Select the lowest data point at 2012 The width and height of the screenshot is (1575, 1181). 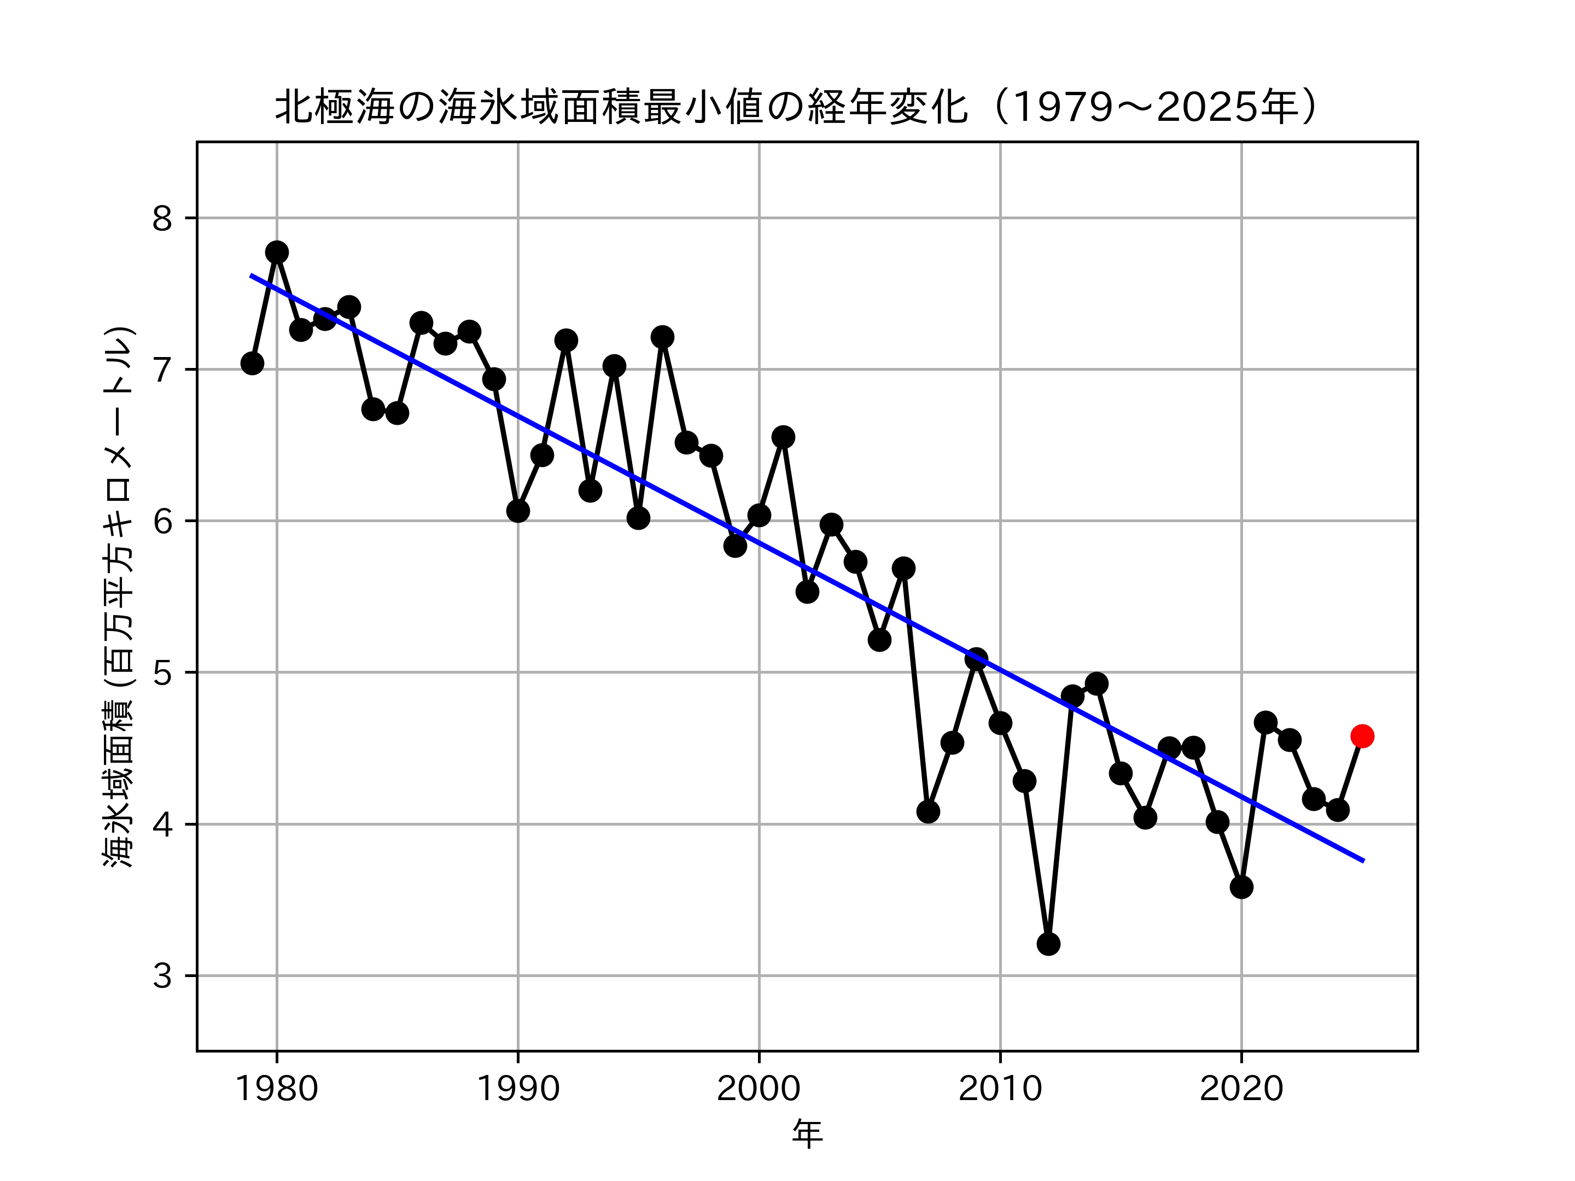[1048, 944]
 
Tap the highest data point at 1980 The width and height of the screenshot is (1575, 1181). [277, 252]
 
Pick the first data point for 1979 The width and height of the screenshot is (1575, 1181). [252, 363]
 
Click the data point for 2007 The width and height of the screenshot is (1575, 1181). [927, 811]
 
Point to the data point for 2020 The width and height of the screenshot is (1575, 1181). [1241, 887]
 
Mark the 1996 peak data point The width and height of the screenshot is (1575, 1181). [662, 337]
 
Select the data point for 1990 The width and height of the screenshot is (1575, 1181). [518, 511]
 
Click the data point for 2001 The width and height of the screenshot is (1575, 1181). [783, 437]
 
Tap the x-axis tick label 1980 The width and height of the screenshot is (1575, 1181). [276, 1090]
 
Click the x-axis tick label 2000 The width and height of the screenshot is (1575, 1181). [759, 1090]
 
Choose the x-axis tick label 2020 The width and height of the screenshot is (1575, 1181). [1241, 1090]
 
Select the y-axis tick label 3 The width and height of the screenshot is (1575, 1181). [162, 976]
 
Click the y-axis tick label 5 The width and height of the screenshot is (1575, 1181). [162, 673]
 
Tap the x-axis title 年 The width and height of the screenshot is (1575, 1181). [807, 1134]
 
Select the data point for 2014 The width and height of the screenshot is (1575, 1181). [1096, 683]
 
